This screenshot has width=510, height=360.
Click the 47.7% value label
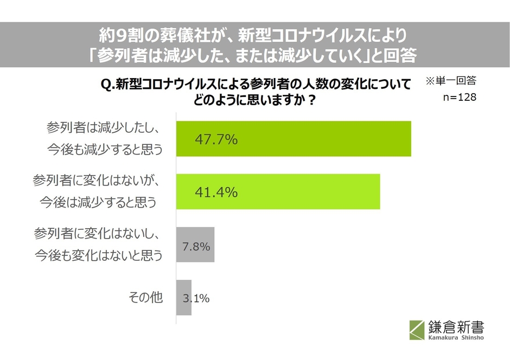(216, 140)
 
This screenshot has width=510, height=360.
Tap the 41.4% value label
(216, 192)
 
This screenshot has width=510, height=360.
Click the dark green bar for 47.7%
(326, 139)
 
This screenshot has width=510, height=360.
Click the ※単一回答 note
(450, 81)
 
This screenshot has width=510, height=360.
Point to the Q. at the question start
(107, 84)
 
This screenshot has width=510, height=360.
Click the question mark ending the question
(312, 100)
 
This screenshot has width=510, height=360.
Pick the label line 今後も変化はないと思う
(98, 255)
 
